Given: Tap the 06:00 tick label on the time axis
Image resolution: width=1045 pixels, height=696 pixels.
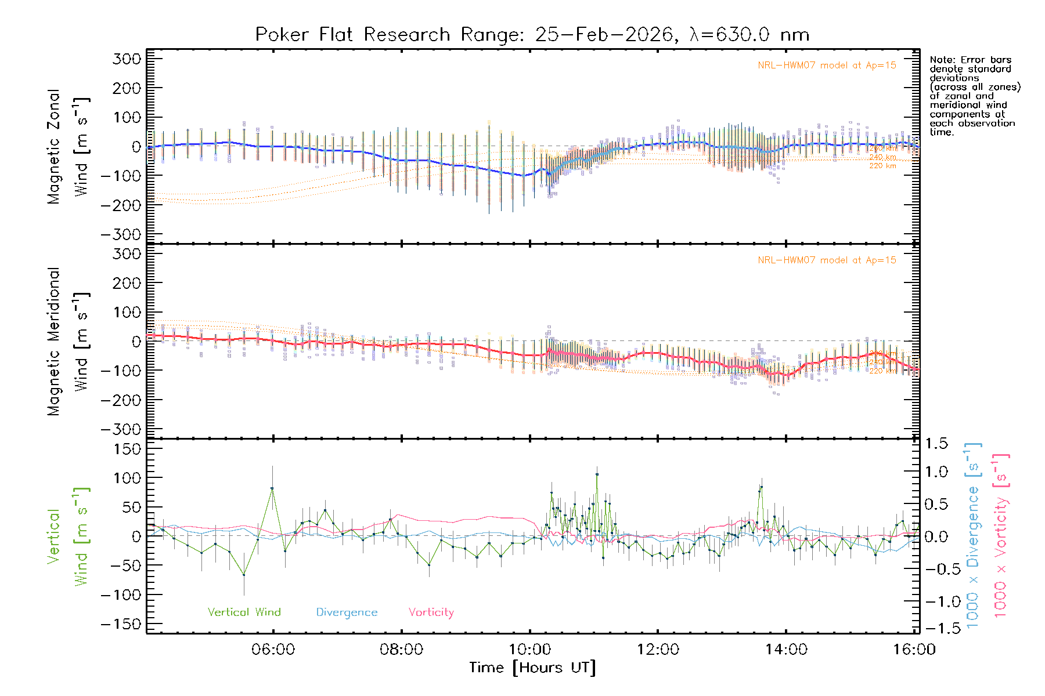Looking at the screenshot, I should [273, 650].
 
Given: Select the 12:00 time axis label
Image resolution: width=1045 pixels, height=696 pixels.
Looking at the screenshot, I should [658, 650].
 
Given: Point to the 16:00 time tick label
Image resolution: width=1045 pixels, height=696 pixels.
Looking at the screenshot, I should [914, 650].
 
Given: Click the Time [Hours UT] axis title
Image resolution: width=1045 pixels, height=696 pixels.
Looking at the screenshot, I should [532, 668].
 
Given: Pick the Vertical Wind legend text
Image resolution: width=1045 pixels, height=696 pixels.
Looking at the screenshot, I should [244, 612].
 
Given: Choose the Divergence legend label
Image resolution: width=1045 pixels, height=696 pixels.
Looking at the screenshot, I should [347, 612].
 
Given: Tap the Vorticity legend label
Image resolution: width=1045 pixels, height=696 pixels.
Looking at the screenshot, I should [431, 612].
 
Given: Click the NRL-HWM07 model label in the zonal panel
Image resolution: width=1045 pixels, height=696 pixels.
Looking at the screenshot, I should [827, 66].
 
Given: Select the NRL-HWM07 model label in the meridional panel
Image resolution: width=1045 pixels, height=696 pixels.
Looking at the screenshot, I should [827, 260].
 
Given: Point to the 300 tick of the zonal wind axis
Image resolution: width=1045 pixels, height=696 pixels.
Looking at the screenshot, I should [127, 59].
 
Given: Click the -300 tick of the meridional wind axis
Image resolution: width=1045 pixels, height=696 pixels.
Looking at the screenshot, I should [121, 429].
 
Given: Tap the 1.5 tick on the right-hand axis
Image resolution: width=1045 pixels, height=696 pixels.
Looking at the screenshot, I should [936, 444].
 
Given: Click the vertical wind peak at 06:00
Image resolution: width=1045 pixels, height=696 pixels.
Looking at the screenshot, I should [272, 488].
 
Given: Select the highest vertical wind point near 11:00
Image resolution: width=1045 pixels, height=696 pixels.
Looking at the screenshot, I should [597, 474].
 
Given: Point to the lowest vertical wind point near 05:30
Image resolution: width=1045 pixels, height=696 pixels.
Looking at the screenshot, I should [244, 575].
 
